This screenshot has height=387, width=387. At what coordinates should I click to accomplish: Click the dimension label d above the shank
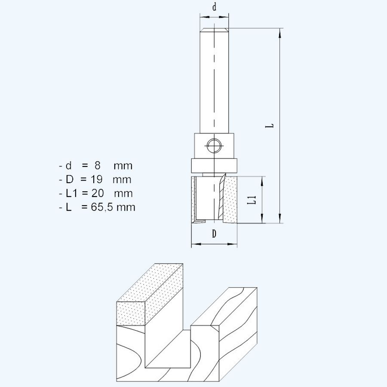214,7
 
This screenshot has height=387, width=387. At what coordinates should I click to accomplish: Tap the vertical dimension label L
270,126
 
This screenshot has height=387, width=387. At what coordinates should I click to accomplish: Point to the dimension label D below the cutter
214,234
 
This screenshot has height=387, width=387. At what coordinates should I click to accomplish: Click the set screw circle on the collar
214,146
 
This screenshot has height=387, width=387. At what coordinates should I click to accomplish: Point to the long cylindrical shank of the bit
214,82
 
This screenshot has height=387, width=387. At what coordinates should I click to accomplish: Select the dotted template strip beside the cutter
231,200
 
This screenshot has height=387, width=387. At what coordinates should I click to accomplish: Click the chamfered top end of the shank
214,30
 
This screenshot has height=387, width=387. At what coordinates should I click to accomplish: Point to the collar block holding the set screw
214,146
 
